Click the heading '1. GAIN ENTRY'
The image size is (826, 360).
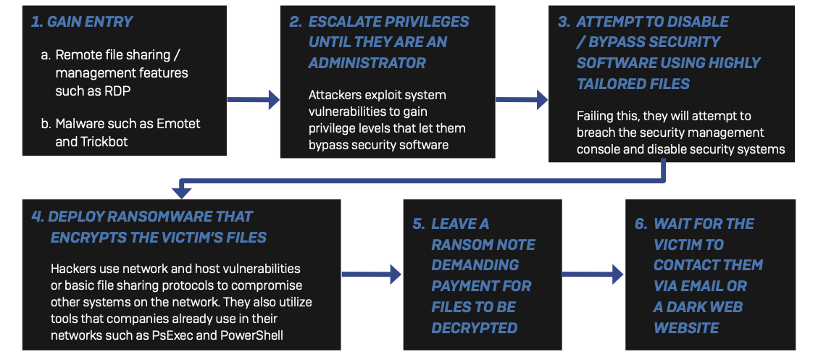[x=82, y=22]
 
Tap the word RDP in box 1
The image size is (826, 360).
[x=117, y=91]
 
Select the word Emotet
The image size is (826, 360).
[x=182, y=124]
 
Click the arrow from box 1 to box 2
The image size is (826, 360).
[x=253, y=99]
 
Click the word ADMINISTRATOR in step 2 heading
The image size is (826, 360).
[x=367, y=63]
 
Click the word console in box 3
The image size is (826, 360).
[x=596, y=149]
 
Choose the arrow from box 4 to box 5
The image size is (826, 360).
[x=371, y=274]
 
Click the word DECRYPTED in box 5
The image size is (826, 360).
[x=474, y=328]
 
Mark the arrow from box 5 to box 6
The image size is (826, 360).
[x=592, y=274]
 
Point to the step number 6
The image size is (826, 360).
[x=641, y=224]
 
